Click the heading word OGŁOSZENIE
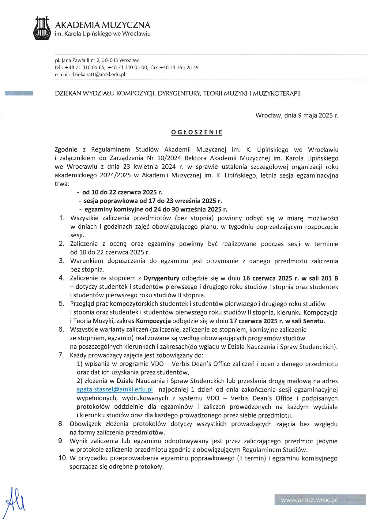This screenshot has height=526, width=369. [x=197, y=133]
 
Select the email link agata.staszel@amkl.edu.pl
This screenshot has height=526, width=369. [x=115, y=390]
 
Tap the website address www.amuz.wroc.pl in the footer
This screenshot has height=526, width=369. [x=309, y=500]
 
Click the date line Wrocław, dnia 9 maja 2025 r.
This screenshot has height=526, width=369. [x=297, y=116]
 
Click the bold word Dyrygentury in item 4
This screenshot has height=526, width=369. [x=161, y=279]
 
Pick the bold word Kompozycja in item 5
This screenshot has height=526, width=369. [x=153, y=321]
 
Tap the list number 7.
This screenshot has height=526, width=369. [x=61, y=355]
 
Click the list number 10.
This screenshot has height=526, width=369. [x=62, y=458]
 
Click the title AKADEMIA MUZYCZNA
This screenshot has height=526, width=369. [x=103, y=25]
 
